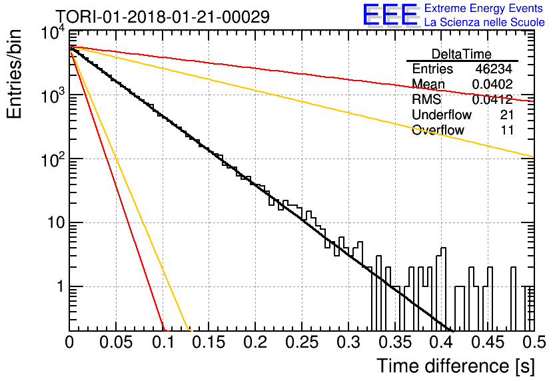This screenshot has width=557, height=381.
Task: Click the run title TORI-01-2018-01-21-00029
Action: (x=163, y=17)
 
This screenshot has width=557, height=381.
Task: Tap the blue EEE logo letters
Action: (x=390, y=15)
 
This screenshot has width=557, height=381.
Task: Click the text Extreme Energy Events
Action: (x=484, y=8)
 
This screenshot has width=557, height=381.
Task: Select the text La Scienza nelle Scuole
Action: (x=484, y=22)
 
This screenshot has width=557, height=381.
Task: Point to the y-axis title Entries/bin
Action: (x=14, y=74)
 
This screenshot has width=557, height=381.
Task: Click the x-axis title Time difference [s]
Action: (x=456, y=366)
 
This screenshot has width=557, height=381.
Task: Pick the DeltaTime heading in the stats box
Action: (x=462, y=54)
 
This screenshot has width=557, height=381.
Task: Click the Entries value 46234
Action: (x=494, y=69)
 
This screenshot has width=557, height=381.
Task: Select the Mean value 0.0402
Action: (x=492, y=84)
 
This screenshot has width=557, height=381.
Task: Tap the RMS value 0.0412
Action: (x=492, y=99)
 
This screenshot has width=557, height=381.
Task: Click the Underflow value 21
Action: (x=507, y=115)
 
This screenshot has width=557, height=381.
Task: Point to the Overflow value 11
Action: (x=507, y=130)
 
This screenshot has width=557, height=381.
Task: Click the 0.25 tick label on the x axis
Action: (x=302, y=342)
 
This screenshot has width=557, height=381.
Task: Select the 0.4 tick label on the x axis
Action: (x=442, y=342)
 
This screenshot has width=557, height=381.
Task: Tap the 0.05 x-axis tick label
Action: (x=116, y=342)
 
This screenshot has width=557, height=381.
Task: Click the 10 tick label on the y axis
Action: (x=56, y=223)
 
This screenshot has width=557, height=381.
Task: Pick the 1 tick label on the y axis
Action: (x=60, y=286)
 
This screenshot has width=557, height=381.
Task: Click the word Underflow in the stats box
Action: (x=442, y=115)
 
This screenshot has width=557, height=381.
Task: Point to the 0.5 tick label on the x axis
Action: (x=534, y=342)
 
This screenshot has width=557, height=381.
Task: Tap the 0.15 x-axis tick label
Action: (x=209, y=342)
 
